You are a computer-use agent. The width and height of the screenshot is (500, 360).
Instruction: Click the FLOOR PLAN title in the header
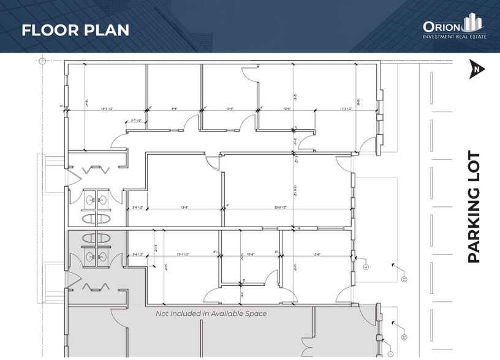(x=75, y=30)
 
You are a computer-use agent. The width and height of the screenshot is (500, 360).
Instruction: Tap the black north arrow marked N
(x=476, y=70)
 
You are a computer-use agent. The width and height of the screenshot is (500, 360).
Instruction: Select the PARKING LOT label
(x=474, y=207)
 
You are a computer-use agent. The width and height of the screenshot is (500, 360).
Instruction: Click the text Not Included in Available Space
(x=211, y=313)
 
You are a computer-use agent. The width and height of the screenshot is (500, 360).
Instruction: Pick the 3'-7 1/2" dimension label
(x=136, y=121)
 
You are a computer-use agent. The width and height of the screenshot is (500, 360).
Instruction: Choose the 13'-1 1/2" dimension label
(x=184, y=253)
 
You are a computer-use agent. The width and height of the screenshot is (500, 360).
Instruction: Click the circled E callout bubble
(x=365, y=268)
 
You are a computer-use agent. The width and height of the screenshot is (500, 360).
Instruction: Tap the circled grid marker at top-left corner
(x=42, y=61)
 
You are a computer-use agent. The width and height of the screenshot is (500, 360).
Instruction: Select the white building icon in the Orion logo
(x=472, y=23)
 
